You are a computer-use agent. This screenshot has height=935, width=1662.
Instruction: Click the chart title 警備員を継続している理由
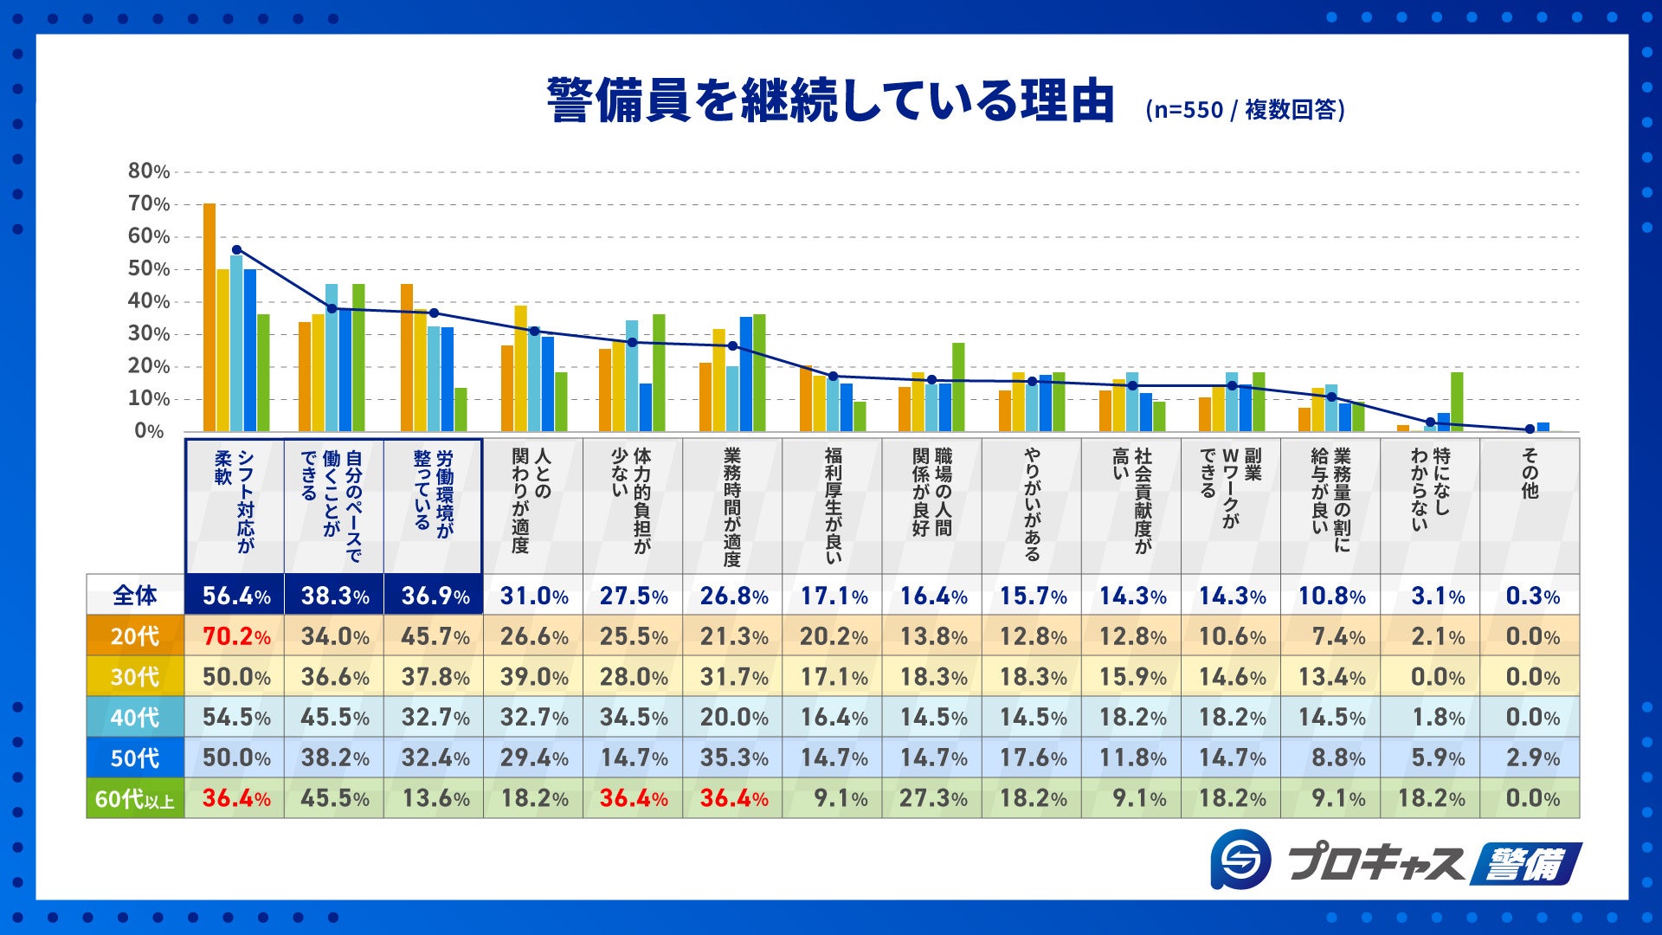(829, 101)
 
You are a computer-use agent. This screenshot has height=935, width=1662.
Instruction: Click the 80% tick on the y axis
(149, 171)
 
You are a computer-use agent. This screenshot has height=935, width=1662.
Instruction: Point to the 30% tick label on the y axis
(149, 334)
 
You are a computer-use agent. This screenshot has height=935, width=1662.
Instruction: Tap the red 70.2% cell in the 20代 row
(235, 636)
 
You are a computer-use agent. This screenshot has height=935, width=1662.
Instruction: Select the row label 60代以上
(135, 798)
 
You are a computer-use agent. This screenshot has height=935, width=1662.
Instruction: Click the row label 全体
(135, 596)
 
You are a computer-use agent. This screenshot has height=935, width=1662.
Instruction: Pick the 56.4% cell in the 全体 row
(235, 596)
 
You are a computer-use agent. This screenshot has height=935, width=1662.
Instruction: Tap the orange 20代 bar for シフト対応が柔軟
(209, 318)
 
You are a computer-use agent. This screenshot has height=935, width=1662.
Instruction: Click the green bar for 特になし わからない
(1457, 402)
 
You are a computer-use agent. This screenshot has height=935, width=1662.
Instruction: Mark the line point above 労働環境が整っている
(434, 313)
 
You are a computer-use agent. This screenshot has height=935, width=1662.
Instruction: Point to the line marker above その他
(1530, 429)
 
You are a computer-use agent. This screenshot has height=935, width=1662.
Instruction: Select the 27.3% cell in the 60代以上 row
(932, 798)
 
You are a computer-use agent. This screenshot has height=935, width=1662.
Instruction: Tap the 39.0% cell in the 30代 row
(533, 677)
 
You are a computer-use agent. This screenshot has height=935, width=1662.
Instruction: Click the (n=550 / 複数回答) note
(1245, 110)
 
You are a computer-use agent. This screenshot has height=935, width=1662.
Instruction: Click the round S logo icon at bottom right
(1240, 859)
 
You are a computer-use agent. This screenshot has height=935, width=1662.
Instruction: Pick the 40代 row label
(135, 718)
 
